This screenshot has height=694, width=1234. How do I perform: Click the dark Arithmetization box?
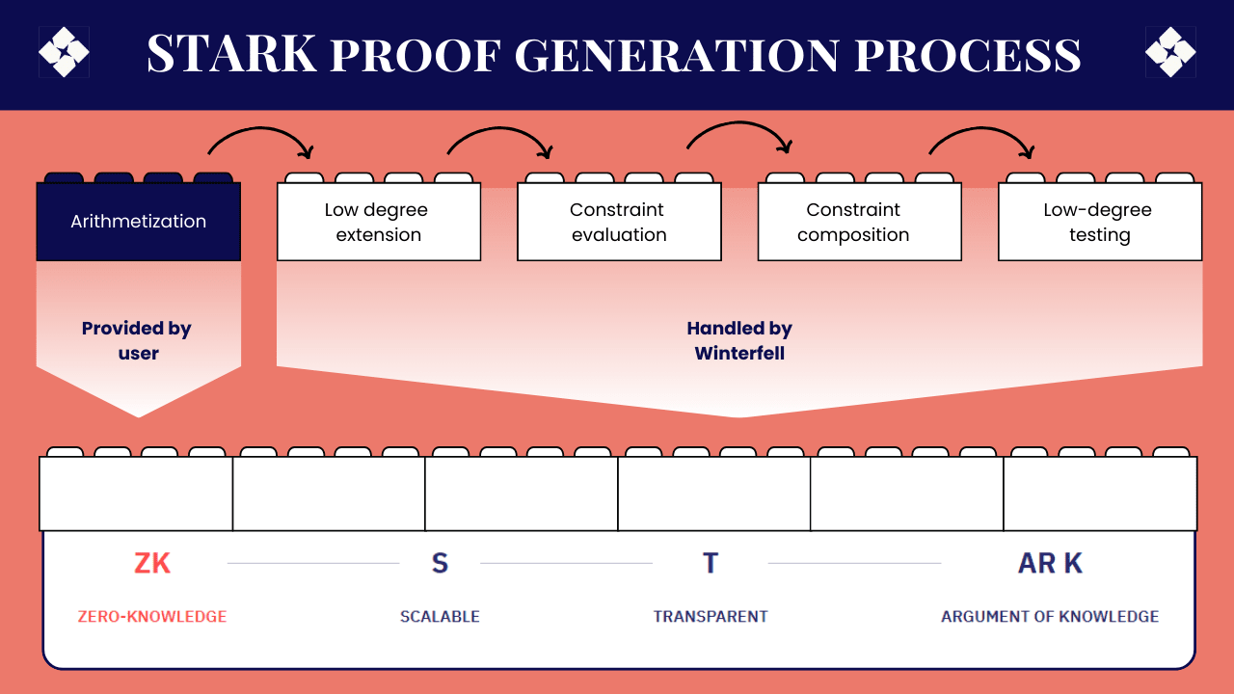(138, 221)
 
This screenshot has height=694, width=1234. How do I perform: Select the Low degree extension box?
(378, 222)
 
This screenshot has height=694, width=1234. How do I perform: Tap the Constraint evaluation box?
(619, 222)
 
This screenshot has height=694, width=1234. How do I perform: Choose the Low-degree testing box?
(1099, 222)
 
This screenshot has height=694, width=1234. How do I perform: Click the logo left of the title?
(64, 52)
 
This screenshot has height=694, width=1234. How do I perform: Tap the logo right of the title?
(1170, 52)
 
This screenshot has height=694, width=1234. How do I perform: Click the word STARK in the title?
(231, 55)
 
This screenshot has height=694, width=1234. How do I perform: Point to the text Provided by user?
(138, 340)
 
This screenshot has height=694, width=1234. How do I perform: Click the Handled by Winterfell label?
(739, 340)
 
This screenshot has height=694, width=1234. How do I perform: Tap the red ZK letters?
(152, 563)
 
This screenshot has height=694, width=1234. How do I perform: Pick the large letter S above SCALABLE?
(440, 563)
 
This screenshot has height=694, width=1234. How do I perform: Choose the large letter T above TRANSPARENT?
(711, 563)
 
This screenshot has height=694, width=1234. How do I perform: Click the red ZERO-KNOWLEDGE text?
(152, 617)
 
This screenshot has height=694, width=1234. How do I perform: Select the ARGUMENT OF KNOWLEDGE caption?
(1050, 617)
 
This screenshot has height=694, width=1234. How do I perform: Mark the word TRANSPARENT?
(711, 617)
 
